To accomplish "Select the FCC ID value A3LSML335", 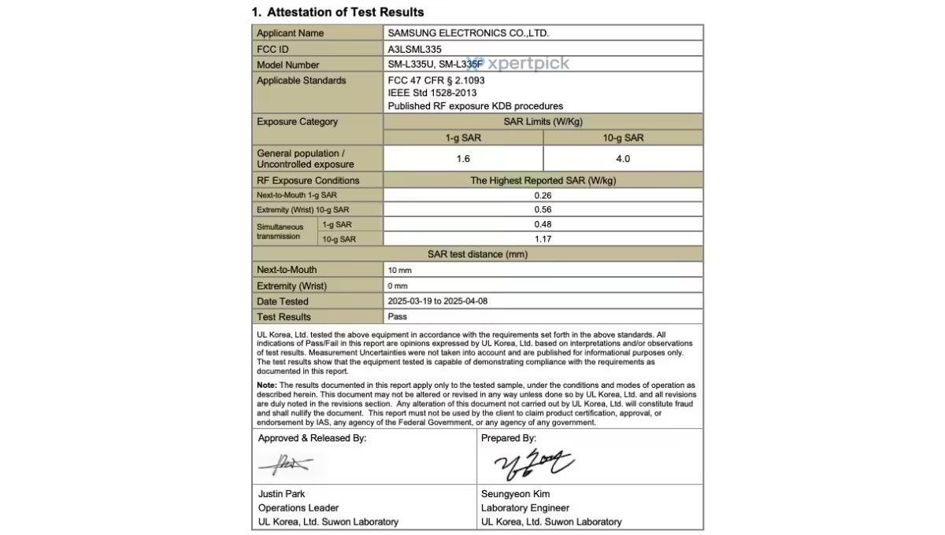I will [x=414, y=49].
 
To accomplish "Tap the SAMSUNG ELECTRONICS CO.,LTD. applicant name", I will [x=468, y=33].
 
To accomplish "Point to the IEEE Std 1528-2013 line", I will [x=432, y=93].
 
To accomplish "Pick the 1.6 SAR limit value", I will [x=463, y=159].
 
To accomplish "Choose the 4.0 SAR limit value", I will [x=623, y=159].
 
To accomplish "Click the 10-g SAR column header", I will [x=623, y=138].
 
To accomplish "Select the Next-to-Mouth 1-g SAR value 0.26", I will [x=543, y=195].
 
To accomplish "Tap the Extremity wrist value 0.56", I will [x=543, y=210].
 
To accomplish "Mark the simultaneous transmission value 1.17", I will [x=543, y=239].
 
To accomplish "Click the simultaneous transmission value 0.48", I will [x=543, y=224].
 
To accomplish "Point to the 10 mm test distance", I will [x=399, y=271].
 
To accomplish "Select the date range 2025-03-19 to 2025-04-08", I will [x=443, y=301].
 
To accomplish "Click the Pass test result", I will [x=398, y=317].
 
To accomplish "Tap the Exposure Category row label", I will [x=297, y=122].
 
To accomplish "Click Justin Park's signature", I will [x=284, y=465].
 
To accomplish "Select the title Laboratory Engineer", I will [x=524, y=508].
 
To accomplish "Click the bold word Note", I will [x=266, y=386].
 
